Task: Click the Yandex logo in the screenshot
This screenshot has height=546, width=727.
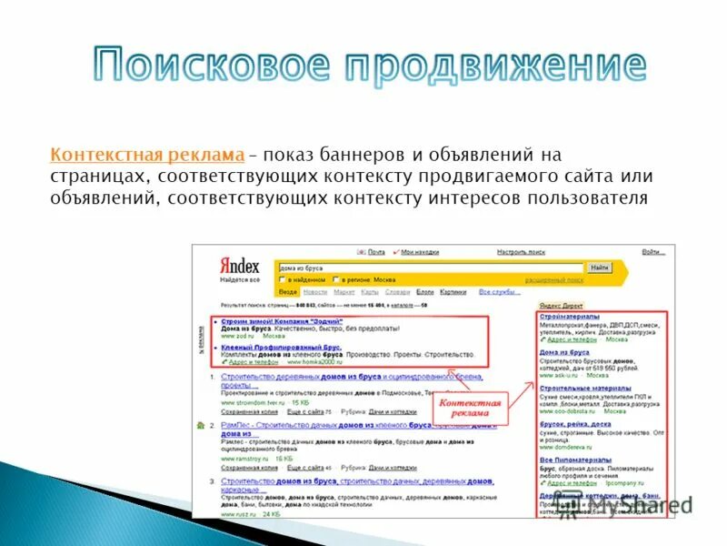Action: pyautogui.click(x=240, y=267)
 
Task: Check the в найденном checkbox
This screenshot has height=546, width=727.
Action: pyautogui.click(x=283, y=279)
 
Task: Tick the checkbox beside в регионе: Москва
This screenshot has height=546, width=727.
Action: pyautogui.click(x=336, y=279)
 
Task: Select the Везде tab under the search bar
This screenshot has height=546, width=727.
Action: pyautogui.click(x=288, y=292)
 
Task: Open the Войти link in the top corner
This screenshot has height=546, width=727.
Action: pyautogui.click(x=651, y=251)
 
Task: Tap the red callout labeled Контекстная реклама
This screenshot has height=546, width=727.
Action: pyautogui.click(x=470, y=407)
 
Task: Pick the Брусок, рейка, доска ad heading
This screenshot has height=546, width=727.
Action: pyautogui.click(x=574, y=424)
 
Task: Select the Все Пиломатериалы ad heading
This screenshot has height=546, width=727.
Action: pyautogui.click(x=574, y=460)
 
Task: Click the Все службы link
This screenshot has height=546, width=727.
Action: pyautogui.click(x=499, y=292)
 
